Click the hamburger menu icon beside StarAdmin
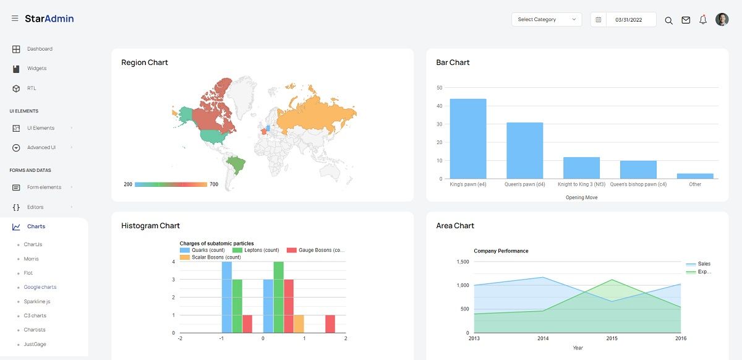point(15,19)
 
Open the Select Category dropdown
point(547,20)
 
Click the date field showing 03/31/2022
point(628,20)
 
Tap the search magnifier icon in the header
point(668,20)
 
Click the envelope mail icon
point(686,20)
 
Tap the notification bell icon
point(703,20)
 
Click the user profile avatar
point(722,20)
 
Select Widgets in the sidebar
point(36,69)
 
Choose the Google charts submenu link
point(40,287)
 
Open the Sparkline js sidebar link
point(37,301)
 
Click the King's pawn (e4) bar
point(468,139)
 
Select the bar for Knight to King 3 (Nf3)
point(581,168)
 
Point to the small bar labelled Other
point(695,176)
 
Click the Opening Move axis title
point(581,198)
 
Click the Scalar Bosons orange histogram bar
point(299,324)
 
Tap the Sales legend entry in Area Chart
point(704,264)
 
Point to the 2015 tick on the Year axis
point(612,338)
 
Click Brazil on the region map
point(236,165)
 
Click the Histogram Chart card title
point(150,226)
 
